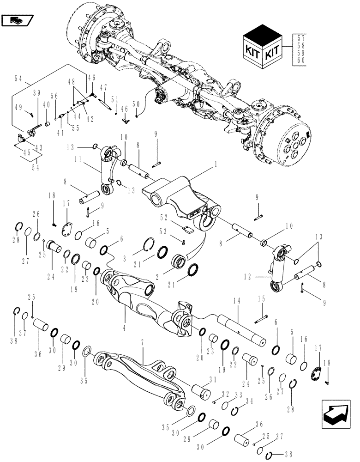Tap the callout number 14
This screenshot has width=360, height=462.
236,301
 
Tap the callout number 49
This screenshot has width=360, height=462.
30,107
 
